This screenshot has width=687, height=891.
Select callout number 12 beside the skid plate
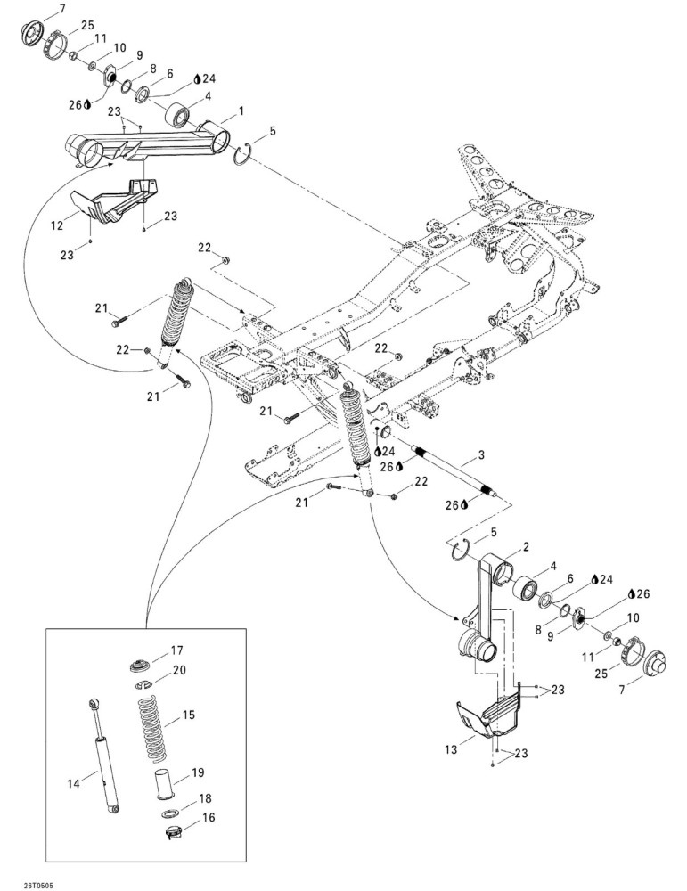click(57, 225)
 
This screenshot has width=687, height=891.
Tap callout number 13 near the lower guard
click(451, 750)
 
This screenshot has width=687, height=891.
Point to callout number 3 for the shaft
click(481, 454)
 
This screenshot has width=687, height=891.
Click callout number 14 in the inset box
click(74, 783)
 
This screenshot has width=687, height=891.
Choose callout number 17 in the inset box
click(176, 650)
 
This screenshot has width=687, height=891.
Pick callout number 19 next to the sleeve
click(198, 772)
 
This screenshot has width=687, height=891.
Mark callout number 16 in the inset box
click(209, 817)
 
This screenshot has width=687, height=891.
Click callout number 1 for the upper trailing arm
click(241, 110)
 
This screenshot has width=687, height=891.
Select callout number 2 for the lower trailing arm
click(526, 547)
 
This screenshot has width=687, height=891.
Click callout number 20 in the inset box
click(179, 671)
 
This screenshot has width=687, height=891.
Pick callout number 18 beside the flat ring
click(205, 799)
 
